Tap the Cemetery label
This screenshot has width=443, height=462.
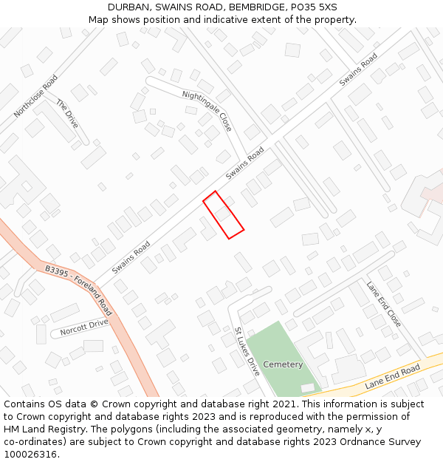[283, 364]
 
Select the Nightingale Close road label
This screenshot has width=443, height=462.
[207, 110]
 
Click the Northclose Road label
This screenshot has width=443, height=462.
[35, 95]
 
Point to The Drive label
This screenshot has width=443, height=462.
[66, 114]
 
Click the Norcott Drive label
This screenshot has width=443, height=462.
[84, 326]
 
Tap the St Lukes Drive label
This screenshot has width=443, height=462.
[247, 351]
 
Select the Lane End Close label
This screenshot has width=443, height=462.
[384, 304]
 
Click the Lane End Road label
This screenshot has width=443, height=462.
[392, 376]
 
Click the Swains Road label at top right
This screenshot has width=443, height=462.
[358, 69]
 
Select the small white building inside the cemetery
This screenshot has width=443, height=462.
[308, 388]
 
